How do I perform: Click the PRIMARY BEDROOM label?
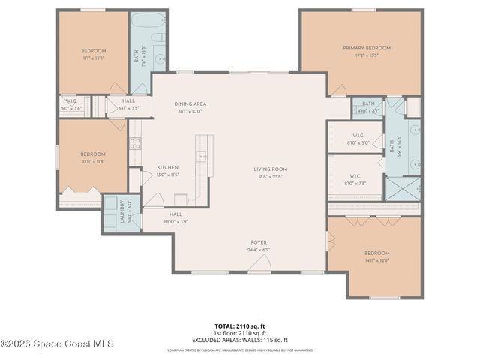(367, 48)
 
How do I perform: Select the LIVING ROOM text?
(270, 169)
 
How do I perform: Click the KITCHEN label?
(167, 166)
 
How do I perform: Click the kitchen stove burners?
(135, 142)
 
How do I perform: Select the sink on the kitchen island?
(202, 157)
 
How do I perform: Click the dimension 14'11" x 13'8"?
(377, 260)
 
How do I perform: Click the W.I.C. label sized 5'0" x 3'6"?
(72, 107)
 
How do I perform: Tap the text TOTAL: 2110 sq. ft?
(239, 325)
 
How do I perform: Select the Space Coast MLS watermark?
(57, 344)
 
